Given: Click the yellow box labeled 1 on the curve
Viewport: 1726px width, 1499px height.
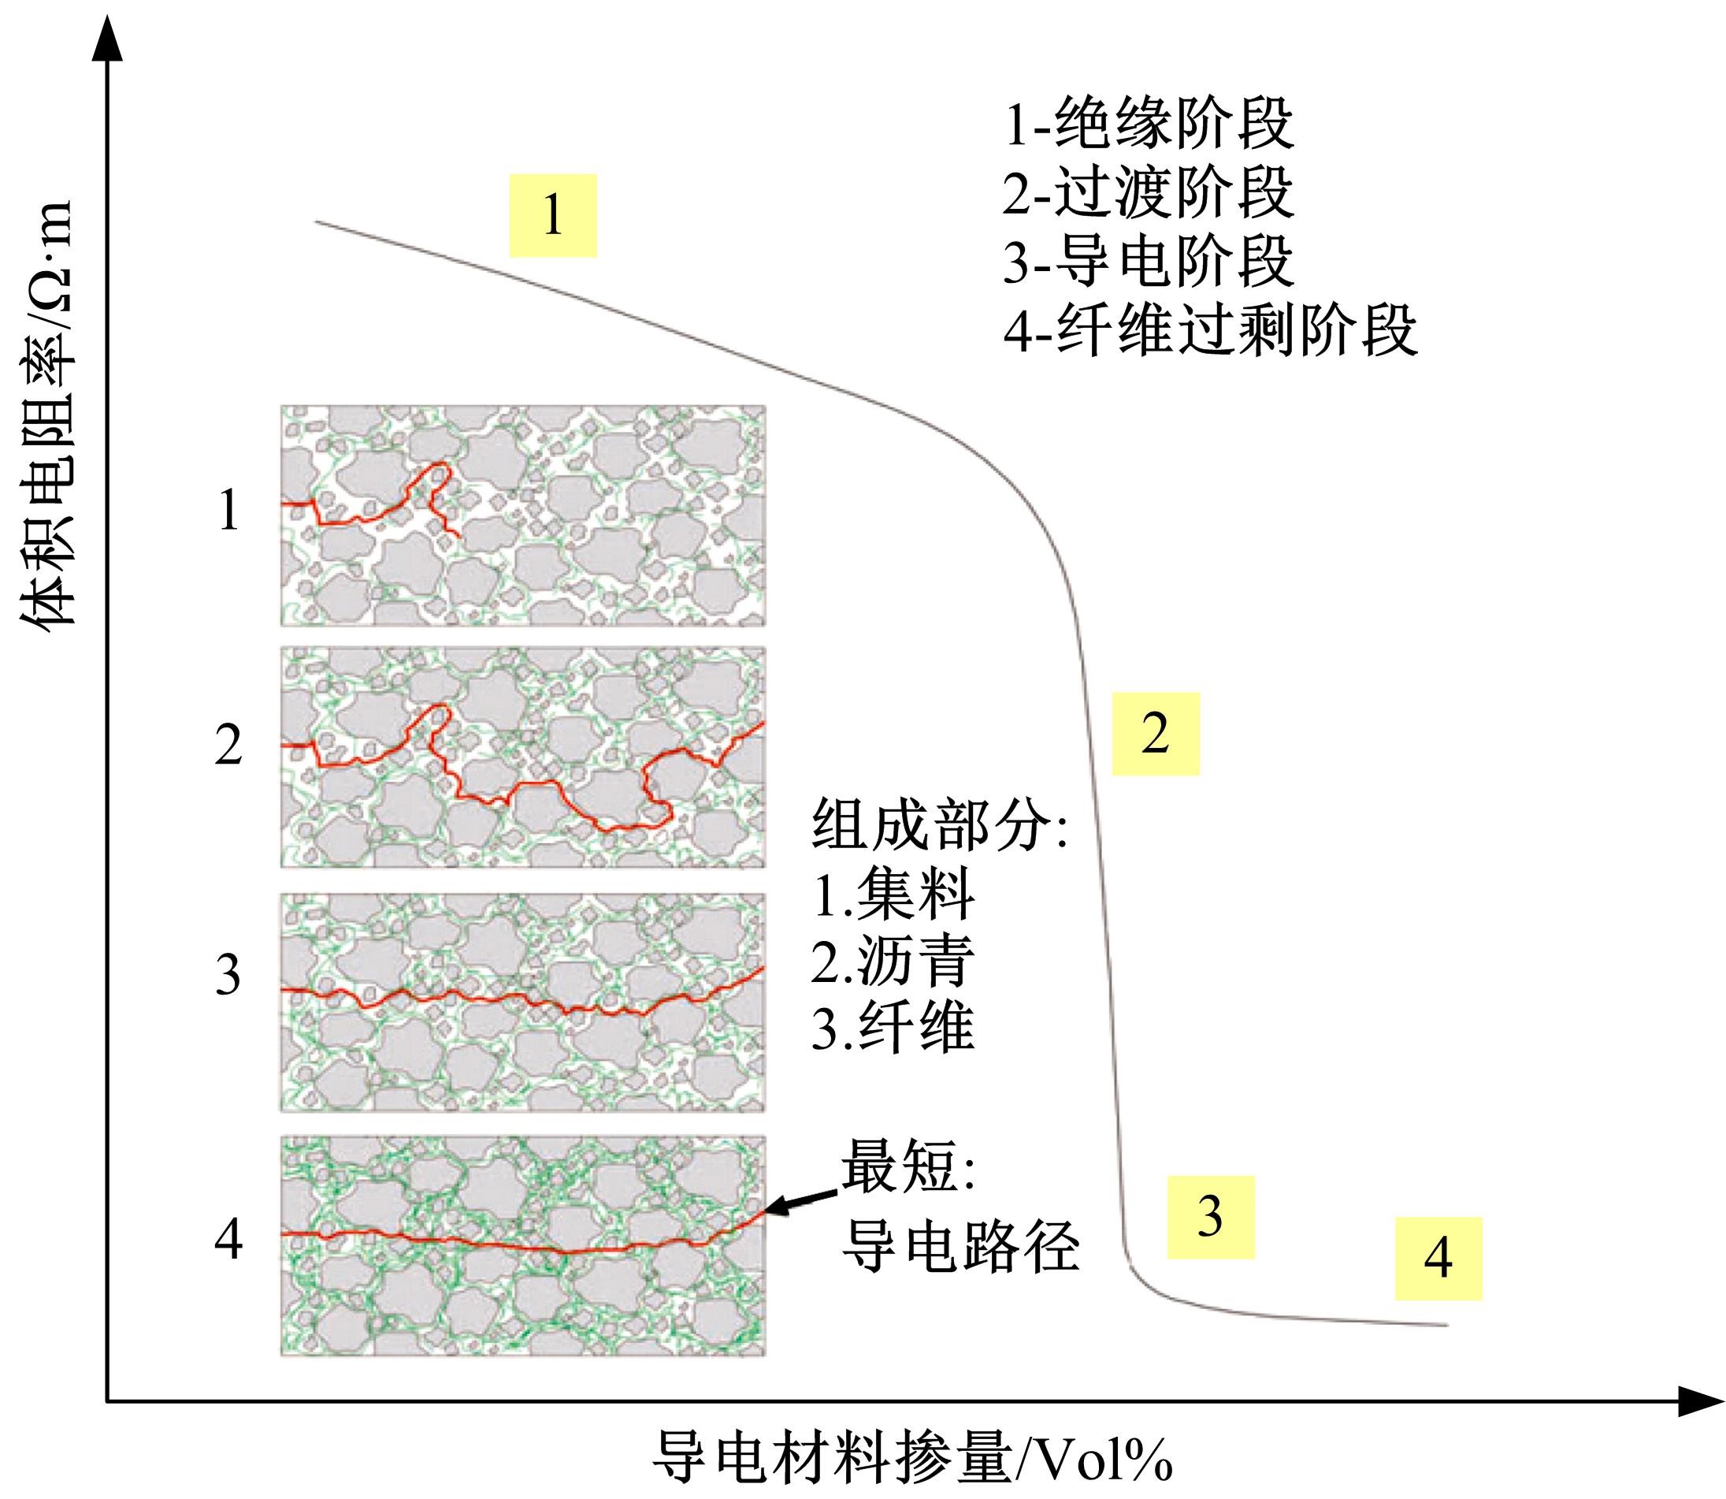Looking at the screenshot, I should click(x=553, y=215).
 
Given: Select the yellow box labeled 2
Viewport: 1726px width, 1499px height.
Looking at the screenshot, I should click(x=1155, y=734).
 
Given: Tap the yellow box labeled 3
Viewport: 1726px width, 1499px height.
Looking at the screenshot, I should click(x=1210, y=1217).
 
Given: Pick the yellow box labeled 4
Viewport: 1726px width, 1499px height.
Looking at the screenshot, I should click(x=1438, y=1258).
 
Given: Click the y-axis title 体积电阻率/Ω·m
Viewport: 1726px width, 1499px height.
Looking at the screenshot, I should click(x=49, y=418).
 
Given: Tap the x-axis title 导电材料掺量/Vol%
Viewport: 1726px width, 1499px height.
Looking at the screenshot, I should click(x=911, y=1459).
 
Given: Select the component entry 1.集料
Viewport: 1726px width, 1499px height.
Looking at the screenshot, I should click(x=893, y=895).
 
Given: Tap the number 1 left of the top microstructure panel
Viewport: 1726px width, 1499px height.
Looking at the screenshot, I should click(x=228, y=510).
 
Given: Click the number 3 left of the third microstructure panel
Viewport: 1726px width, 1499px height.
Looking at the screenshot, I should click(x=228, y=976).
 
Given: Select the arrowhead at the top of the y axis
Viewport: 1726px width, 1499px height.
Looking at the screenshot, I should click(x=106, y=38).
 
